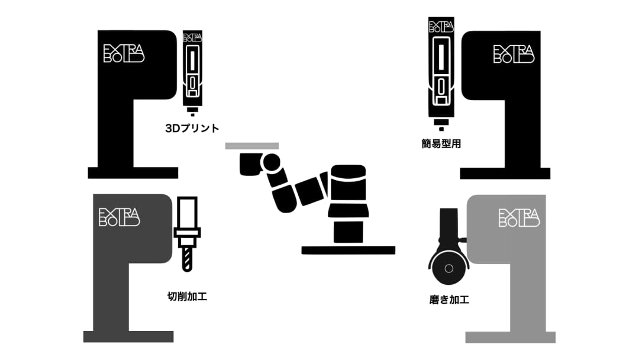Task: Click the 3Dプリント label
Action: point(192,128)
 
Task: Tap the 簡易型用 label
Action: point(441,143)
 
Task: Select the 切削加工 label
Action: point(187,297)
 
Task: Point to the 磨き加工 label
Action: point(449,300)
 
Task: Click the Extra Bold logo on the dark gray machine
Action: point(120,217)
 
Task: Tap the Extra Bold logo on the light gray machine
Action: point(519,218)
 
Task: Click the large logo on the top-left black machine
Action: point(124,53)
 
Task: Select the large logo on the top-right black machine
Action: point(514,54)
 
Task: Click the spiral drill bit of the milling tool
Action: point(187,259)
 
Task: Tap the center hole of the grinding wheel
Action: point(448,268)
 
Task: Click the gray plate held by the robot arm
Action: point(252,146)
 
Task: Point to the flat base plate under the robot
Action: point(348,250)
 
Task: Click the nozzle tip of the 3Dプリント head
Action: point(193,114)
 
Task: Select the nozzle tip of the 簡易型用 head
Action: point(441,129)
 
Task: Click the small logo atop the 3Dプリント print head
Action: point(193,37)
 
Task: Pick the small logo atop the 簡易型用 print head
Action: point(441,27)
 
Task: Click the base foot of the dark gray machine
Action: point(128,336)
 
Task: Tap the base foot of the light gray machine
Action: point(510,337)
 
